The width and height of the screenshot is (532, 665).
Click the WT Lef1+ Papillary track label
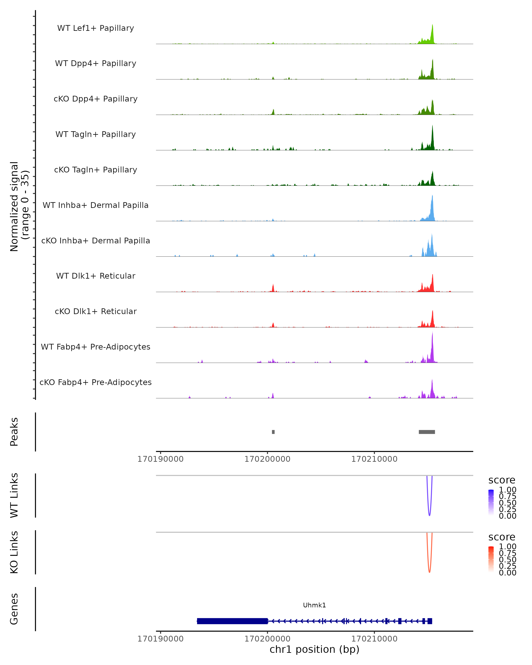[96, 28]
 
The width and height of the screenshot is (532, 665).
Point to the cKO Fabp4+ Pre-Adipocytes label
[96, 382]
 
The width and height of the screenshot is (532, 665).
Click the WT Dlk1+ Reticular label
[96, 276]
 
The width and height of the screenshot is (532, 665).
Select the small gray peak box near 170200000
[273, 432]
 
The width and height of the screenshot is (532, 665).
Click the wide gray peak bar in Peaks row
[427, 432]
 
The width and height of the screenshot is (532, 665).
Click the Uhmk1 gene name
[314, 605]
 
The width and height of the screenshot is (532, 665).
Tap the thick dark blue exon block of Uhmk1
[232, 621]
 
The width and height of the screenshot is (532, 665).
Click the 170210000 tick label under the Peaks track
[374, 459]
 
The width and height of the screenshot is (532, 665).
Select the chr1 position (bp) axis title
[314, 649]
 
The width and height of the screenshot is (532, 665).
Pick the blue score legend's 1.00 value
[508, 490]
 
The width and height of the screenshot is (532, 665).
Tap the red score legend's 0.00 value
[508, 573]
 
